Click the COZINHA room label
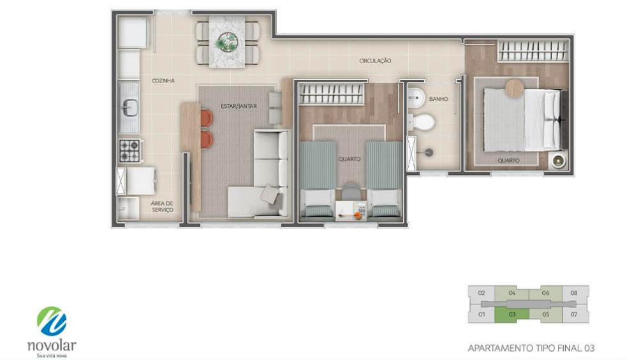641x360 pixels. pyautogui.click(x=163, y=80)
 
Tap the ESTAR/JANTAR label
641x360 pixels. pyautogui.click(x=239, y=106)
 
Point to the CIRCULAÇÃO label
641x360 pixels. pyautogui.click(x=375, y=61)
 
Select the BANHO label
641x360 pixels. pyautogui.click(x=439, y=99)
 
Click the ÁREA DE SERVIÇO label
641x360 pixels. pyautogui.click(x=162, y=207)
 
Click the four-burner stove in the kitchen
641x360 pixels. pyautogui.click(x=129, y=151)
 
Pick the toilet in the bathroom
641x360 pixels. pyautogui.click(x=422, y=121)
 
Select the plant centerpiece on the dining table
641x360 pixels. pyautogui.click(x=227, y=41)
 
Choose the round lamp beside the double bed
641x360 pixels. pyautogui.click(x=558, y=160)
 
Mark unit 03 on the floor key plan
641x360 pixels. pyautogui.click(x=512, y=315)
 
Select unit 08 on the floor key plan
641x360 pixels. pyautogui.click(x=574, y=293)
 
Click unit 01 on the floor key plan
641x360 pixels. pyautogui.click(x=482, y=315)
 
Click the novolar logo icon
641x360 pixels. pyautogui.click(x=52, y=322)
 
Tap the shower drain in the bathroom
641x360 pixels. pyautogui.click(x=429, y=153)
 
